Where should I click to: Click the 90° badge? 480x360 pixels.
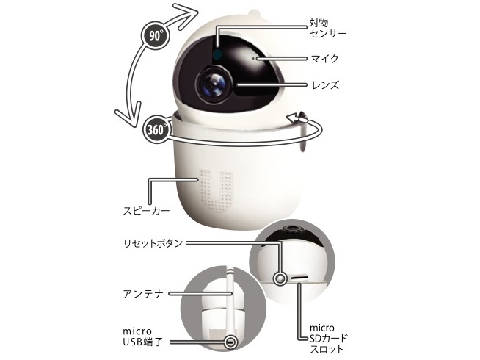coord(155,36)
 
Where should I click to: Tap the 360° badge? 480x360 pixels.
coord(156,129)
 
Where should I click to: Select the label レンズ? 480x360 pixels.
coord(325,85)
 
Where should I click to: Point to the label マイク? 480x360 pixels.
coord(325,58)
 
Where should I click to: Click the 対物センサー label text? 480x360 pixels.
coord(327,28)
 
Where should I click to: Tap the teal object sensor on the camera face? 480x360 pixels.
coord(217,54)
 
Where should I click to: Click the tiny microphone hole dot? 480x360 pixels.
coord(253,57)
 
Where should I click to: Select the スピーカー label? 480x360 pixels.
coord(146,211)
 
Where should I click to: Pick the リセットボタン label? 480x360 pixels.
coord(153,243)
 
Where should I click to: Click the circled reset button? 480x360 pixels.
coord(280,278)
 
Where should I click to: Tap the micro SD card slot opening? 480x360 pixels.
coord(299,277)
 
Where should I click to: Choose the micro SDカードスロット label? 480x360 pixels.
coord(329,338)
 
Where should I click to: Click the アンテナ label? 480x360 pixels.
coord(144,294)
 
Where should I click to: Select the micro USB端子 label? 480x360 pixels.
coord(143,336)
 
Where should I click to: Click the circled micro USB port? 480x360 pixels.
coord(230,342)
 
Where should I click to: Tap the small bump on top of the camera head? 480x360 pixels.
coord(254,13)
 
